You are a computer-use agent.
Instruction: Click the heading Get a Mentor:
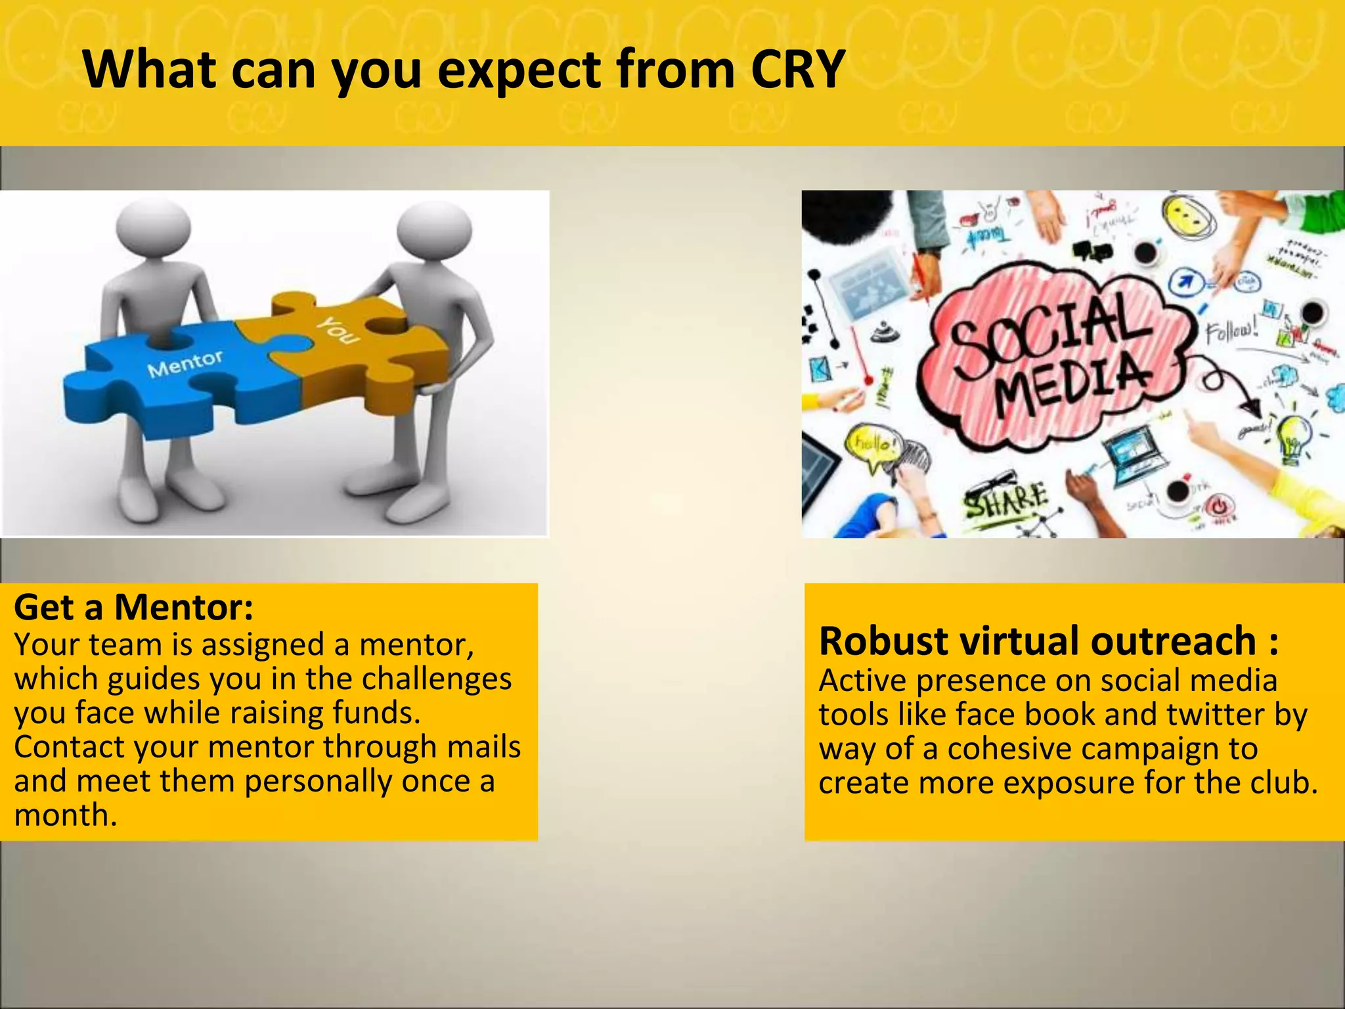[x=133, y=607]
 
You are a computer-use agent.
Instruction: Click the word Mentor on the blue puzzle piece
[x=185, y=364]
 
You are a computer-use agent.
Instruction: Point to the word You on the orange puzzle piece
[x=338, y=330]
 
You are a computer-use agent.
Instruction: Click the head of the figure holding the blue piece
[x=154, y=227]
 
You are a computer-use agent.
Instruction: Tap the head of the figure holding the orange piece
[x=434, y=230]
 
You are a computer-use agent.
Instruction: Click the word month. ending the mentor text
[x=66, y=815]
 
